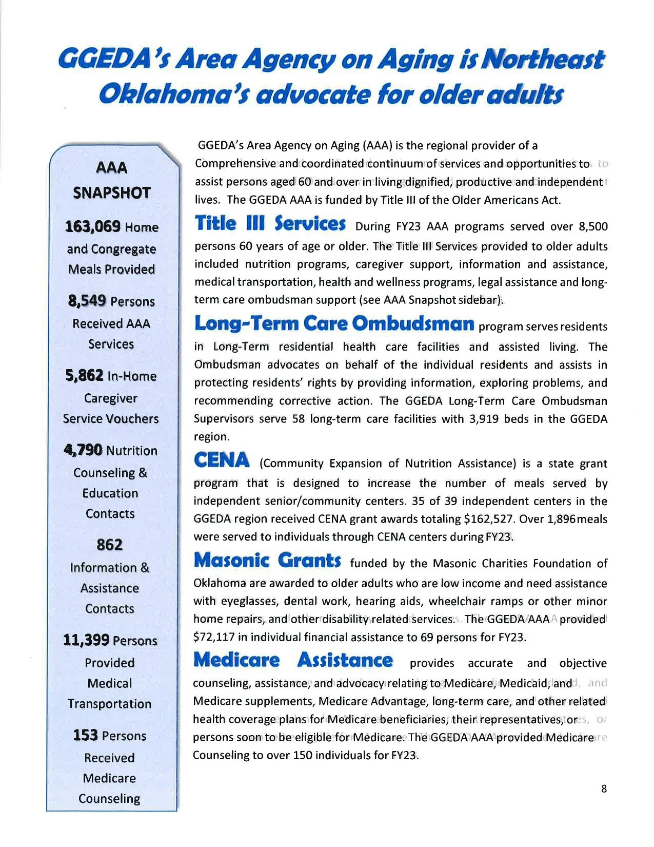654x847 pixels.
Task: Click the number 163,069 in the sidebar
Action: [x=93, y=226]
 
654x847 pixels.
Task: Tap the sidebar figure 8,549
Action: [x=86, y=301]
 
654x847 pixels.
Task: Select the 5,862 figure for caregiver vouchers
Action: [x=85, y=376]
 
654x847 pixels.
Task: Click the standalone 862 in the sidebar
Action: [x=110, y=544]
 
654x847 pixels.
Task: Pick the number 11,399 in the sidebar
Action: [x=86, y=640]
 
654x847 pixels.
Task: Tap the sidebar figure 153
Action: [x=85, y=735]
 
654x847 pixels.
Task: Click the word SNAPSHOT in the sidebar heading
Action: [x=111, y=193]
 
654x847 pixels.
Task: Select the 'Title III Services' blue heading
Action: [x=270, y=224]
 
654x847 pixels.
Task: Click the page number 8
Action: [x=604, y=789]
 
